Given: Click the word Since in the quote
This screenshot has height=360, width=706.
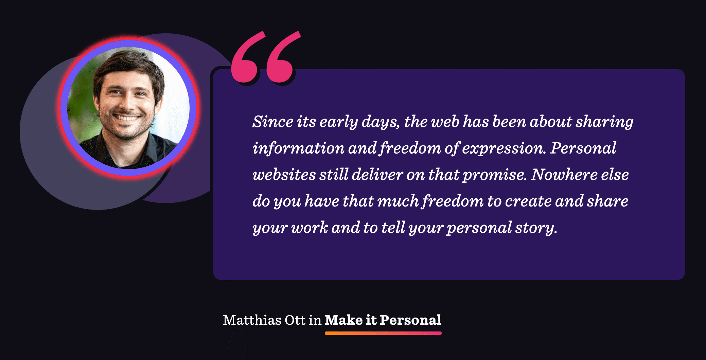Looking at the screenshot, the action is point(272,121).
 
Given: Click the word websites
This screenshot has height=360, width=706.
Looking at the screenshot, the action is point(284,175).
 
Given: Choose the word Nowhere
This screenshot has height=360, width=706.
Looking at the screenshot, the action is point(564,175).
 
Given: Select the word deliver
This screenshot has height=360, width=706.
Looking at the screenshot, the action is point(377,175).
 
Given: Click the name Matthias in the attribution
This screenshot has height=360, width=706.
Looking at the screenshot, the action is point(252,320).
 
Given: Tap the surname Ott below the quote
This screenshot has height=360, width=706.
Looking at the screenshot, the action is point(295,320).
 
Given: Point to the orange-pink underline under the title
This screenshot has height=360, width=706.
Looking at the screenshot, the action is point(383,333).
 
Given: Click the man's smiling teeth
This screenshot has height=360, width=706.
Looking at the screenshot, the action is point(127,118).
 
